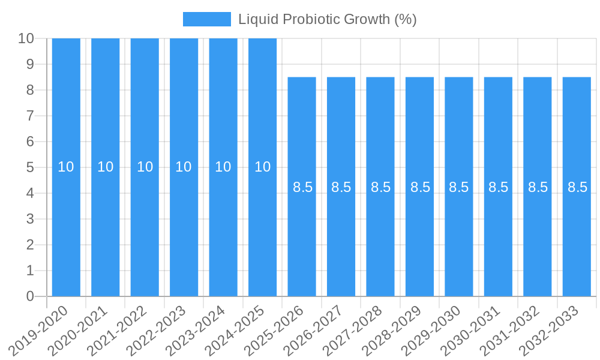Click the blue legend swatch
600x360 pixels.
pyautogui.click(x=206, y=19)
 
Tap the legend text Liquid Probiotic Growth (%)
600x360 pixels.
pyautogui.click(x=327, y=19)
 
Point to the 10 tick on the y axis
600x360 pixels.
pyautogui.click(x=26, y=38)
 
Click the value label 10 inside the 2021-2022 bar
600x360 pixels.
pyautogui.click(x=145, y=167)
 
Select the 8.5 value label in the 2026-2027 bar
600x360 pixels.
pyautogui.click(x=341, y=187)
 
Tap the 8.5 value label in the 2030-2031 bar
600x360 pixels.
pyautogui.click(x=498, y=187)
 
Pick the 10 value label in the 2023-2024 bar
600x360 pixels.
pyautogui.click(x=223, y=167)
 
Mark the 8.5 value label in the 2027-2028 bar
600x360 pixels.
pyautogui.click(x=380, y=187)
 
